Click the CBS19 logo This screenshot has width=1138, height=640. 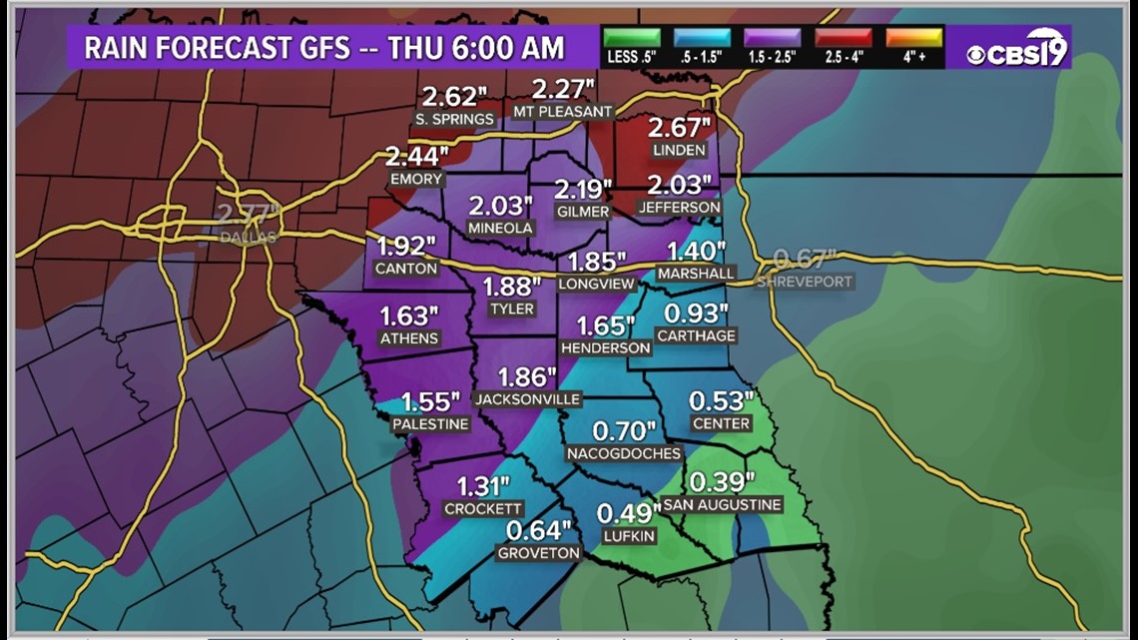click(x=1017, y=47)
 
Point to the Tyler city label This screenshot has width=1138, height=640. click(x=511, y=310)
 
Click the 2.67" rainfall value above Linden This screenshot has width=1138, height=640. click(x=679, y=128)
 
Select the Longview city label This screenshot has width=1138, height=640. click(x=596, y=284)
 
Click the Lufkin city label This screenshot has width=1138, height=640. click(x=630, y=536)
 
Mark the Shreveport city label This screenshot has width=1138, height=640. click(x=805, y=282)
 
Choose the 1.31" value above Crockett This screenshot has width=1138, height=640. click(x=484, y=486)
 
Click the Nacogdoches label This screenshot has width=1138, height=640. click(x=623, y=453)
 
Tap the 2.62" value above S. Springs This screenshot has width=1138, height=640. click(x=454, y=97)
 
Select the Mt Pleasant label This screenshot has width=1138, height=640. click(x=561, y=112)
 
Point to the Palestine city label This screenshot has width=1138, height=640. click(x=430, y=424)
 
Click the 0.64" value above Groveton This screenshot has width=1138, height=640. click(x=539, y=530)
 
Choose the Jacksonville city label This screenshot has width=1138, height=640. click(x=528, y=399)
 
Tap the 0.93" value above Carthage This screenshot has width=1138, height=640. click(x=697, y=313)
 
